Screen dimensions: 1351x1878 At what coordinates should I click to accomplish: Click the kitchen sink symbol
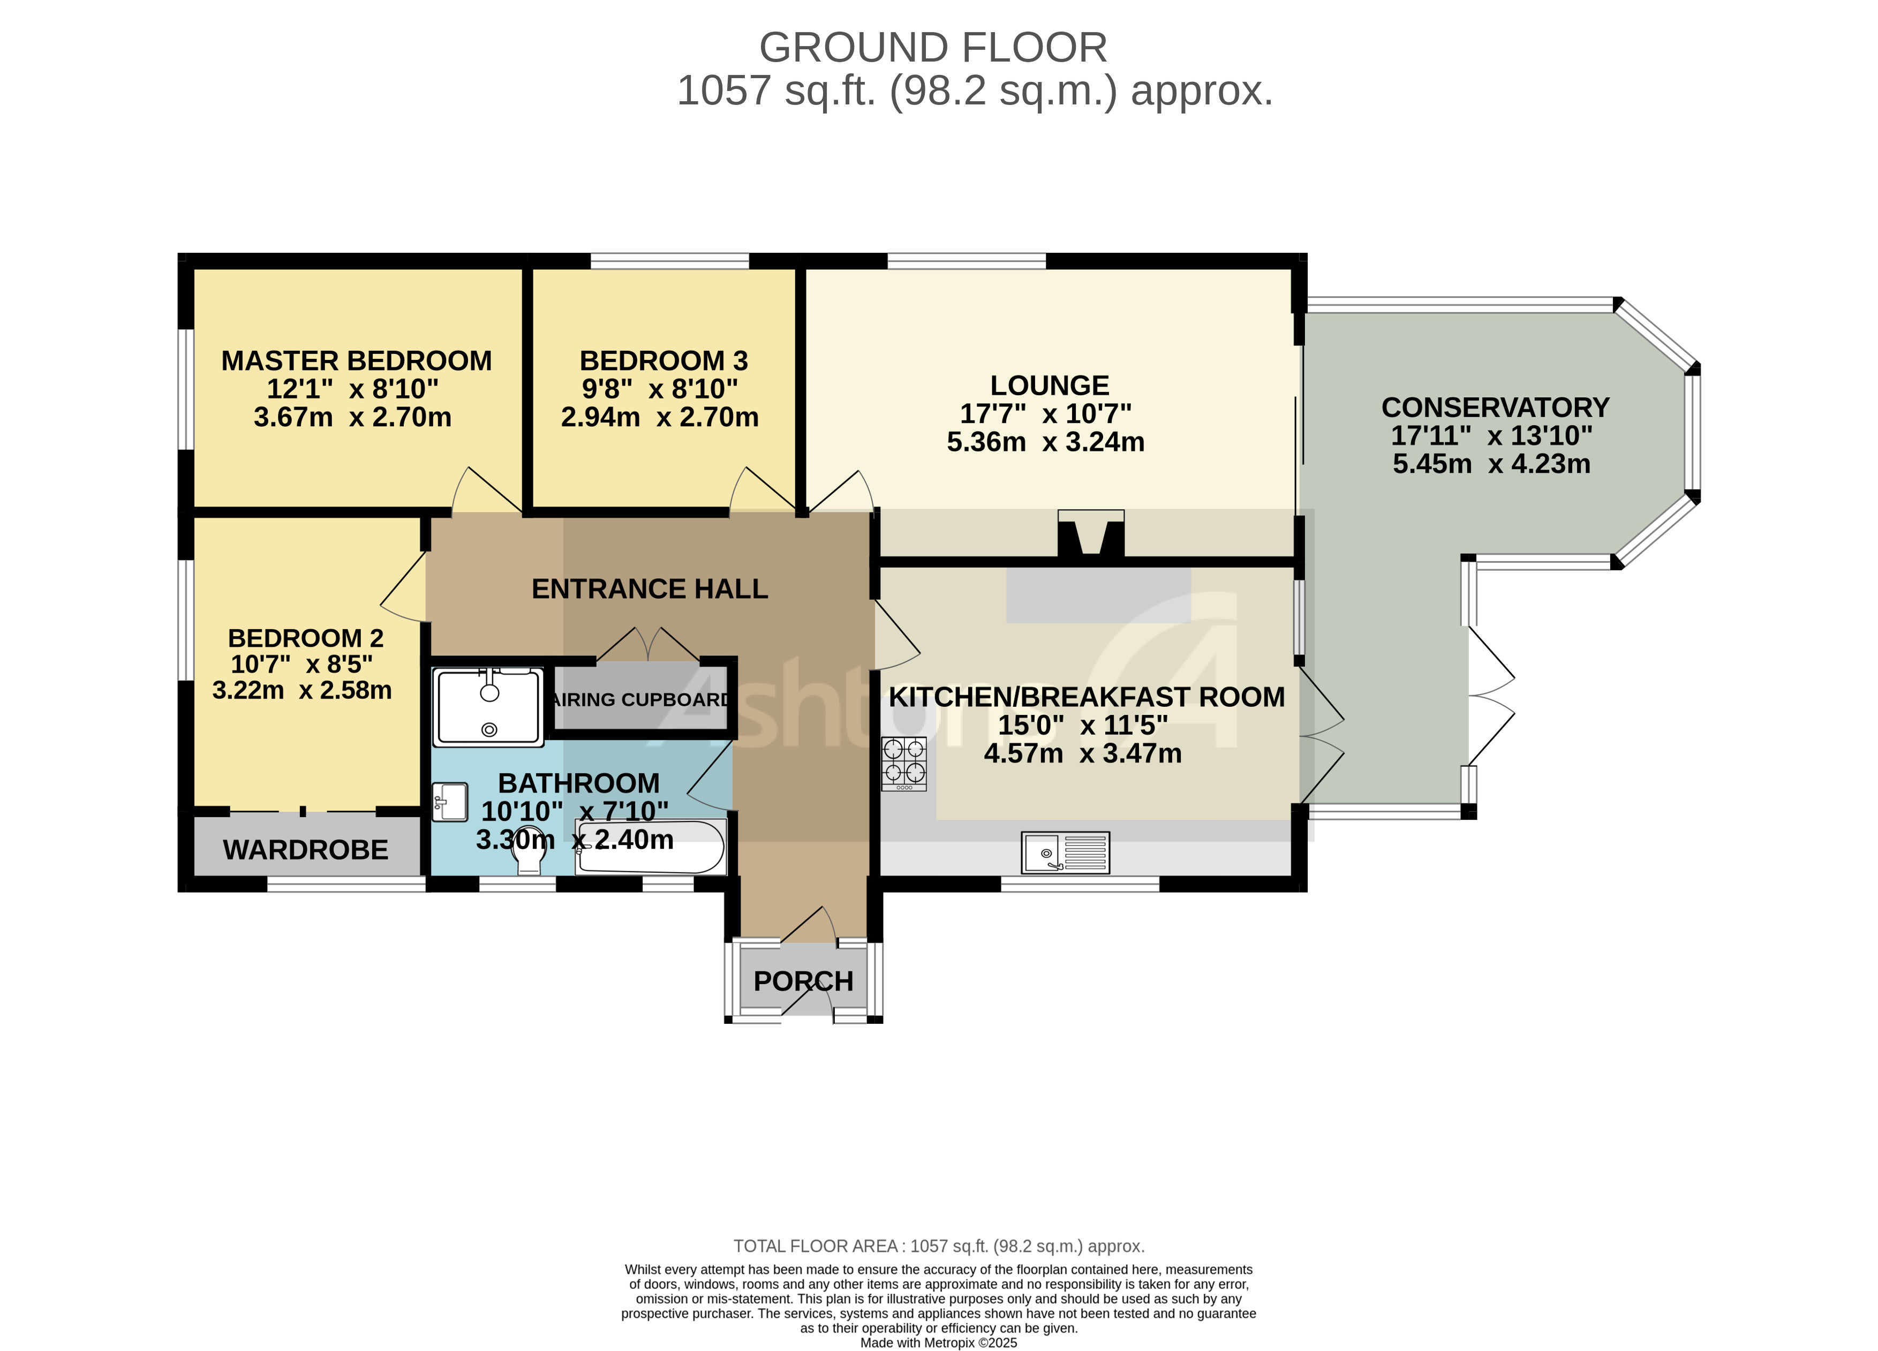pyautogui.click(x=1065, y=852)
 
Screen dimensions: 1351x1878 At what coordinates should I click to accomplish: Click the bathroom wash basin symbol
pyautogui.click(x=450, y=801)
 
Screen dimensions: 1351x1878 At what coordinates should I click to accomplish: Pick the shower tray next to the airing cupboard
pyautogui.click(x=489, y=706)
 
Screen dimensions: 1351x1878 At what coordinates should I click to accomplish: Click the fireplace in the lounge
pyautogui.click(x=1090, y=534)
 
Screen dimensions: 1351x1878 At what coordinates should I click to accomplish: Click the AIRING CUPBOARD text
pyautogui.click(x=642, y=699)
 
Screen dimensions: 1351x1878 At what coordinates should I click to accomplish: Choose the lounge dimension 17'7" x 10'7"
pyautogui.click(x=1045, y=413)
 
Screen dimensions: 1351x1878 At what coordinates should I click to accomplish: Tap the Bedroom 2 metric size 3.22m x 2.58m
pyautogui.click(x=301, y=690)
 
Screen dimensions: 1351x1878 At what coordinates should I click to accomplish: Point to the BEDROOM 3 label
pyautogui.click(x=663, y=361)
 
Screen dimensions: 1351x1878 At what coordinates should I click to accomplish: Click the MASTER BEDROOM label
pyautogui.click(x=356, y=361)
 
